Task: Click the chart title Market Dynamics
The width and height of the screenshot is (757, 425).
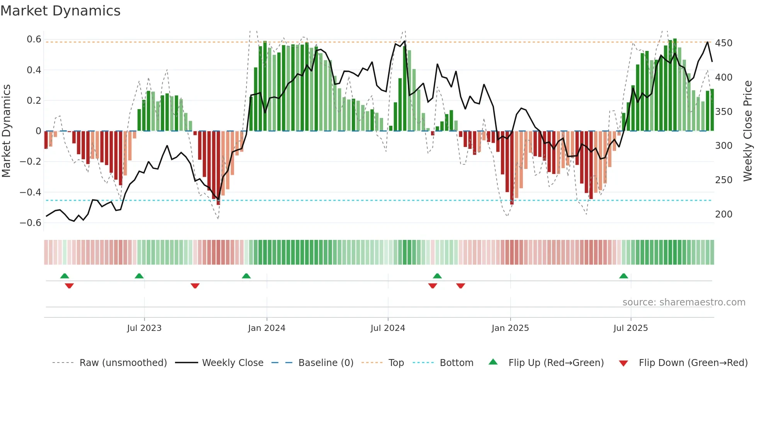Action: pos(60,11)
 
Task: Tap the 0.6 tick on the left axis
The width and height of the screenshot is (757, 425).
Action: pos(34,39)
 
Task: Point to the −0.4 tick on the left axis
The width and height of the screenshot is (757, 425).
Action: pos(31,192)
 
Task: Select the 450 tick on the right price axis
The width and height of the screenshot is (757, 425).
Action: pos(723,43)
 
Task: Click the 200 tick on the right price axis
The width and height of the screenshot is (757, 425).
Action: pos(723,214)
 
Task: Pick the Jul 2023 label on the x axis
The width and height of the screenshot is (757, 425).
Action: pos(144,328)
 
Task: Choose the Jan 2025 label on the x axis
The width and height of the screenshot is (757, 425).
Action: pos(510,328)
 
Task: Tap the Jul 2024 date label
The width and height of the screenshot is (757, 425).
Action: pos(387,328)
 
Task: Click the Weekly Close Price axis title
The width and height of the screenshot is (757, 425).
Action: pos(748,131)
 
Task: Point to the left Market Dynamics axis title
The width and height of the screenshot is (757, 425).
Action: pos(6,131)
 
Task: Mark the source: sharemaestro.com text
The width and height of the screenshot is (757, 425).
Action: pos(684,302)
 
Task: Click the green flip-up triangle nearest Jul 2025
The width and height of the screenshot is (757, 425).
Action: pos(623,276)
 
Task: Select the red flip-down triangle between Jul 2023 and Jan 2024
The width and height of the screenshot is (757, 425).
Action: pos(195,286)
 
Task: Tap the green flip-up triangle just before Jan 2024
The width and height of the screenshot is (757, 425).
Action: pos(246,276)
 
